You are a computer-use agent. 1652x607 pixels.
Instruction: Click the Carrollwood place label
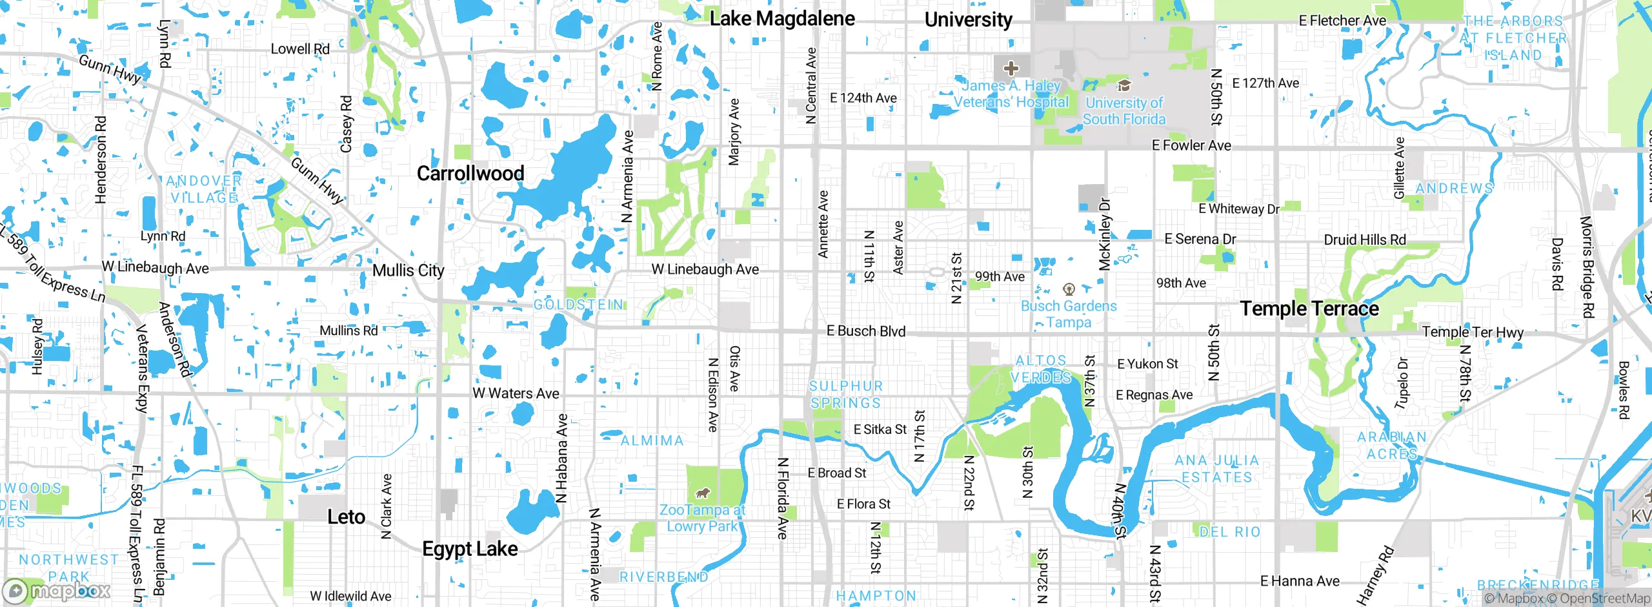coord(470,173)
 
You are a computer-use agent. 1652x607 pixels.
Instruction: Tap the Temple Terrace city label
coord(1309,309)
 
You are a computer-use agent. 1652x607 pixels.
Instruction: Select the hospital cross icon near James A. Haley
coord(1011,68)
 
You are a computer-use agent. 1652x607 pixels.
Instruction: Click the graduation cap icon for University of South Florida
coord(1123,85)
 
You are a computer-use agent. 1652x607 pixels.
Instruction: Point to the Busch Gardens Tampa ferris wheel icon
coord(1069,289)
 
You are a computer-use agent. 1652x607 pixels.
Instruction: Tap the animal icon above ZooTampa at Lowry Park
coord(702,494)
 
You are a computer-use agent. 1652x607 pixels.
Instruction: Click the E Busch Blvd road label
coord(866,331)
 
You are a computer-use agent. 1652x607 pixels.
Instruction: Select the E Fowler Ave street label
coord(1191,145)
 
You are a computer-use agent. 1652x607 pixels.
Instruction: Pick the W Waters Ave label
coord(516,393)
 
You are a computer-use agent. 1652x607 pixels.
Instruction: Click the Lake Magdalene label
coord(782,19)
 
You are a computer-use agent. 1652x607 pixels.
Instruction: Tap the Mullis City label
coord(408,270)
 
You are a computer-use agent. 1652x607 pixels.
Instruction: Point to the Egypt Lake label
coord(470,549)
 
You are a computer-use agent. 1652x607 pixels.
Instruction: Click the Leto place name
coord(346,517)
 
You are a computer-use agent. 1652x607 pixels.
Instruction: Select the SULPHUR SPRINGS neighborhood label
coord(845,395)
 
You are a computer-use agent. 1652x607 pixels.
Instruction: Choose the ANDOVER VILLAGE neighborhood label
coord(204,189)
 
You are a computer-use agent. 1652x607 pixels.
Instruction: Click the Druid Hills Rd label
coord(1365,240)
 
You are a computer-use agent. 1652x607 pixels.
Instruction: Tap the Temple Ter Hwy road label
coord(1473,332)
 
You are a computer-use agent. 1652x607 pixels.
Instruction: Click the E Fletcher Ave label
coord(1342,21)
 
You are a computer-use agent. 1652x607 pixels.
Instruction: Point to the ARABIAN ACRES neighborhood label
coord(1391,446)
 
